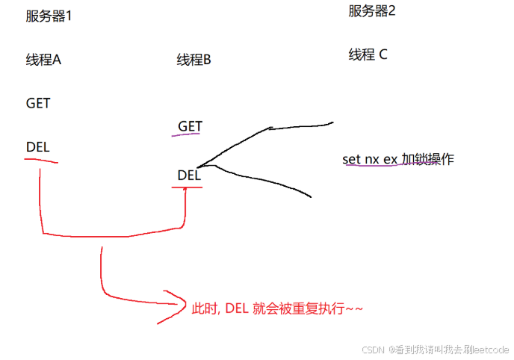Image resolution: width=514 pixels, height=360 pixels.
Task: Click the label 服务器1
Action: (x=49, y=16)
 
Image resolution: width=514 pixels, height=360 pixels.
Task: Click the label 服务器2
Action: (x=371, y=11)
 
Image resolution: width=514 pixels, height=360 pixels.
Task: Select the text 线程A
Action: (x=43, y=60)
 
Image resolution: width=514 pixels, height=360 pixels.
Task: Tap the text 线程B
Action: (x=194, y=60)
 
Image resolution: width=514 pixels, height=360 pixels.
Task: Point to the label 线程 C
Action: (x=368, y=55)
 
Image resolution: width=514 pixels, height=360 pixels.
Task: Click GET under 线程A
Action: (x=38, y=103)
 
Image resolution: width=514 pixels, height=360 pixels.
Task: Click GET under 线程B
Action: (x=190, y=126)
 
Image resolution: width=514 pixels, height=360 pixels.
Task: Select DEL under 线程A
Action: (x=37, y=147)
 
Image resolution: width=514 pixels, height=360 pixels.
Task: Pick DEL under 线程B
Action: (x=189, y=176)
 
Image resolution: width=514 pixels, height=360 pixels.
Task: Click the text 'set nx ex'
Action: (x=370, y=159)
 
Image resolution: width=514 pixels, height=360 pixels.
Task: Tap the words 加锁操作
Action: (x=427, y=159)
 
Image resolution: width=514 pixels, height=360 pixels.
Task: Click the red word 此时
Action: (x=203, y=308)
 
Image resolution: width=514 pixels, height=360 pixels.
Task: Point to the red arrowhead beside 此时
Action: (x=173, y=306)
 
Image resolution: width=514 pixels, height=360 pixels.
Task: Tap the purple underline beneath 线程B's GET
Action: (x=186, y=136)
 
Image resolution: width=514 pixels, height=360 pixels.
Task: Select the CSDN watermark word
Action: (x=373, y=350)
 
